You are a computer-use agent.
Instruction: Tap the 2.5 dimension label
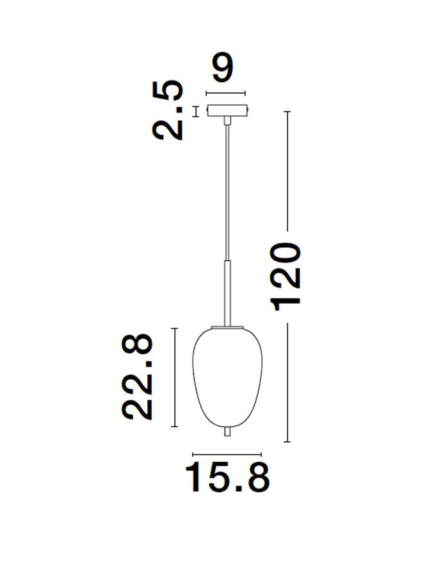pos(168,110)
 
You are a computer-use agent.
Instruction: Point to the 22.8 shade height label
pos(139,377)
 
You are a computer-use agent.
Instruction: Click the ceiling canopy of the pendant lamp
pos(226,111)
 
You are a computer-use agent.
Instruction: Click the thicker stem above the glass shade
pos(226,291)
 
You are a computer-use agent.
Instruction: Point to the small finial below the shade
pos(226,432)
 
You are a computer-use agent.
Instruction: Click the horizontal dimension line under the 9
pos(225,93)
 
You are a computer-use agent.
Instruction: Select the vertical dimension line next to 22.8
pos(175,377)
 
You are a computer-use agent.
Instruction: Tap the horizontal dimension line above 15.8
pos(227,453)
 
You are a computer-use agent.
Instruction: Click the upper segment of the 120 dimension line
pos(287,170)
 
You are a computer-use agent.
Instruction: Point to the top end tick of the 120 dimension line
pos(287,112)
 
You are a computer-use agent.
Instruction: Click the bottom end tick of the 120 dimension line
pos(287,442)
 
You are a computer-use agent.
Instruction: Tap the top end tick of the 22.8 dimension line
pos(175,328)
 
